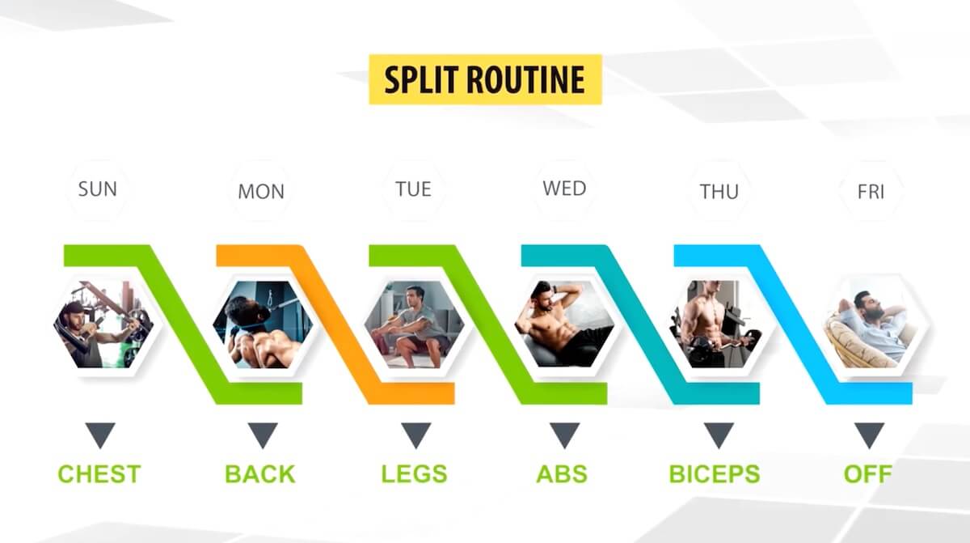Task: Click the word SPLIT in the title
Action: [421, 80]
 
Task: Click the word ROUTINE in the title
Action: [525, 80]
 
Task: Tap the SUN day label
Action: [98, 189]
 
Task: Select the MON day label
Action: [261, 192]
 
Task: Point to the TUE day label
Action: [413, 189]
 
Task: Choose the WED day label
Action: [564, 188]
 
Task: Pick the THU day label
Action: [719, 192]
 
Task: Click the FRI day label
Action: [871, 192]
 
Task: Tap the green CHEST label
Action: [99, 473]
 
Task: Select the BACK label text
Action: [259, 473]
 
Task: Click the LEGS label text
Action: [414, 473]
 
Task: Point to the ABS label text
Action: [562, 473]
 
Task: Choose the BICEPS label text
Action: [715, 473]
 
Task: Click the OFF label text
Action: [868, 473]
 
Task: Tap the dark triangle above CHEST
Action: [100, 435]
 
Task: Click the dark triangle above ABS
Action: [565, 435]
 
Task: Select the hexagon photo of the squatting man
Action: [414, 325]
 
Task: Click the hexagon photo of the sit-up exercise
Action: [564, 325]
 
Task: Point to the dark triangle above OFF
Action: [869, 435]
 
